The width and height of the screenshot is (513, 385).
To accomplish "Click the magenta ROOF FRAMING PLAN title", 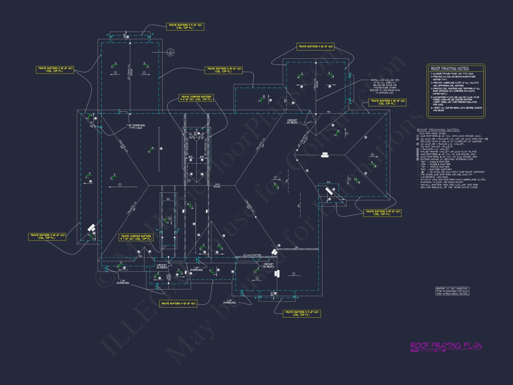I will click(446, 345).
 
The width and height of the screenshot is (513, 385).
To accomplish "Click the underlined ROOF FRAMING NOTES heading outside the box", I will click(438, 130).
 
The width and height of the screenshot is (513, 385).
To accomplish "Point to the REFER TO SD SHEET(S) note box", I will click(452, 291).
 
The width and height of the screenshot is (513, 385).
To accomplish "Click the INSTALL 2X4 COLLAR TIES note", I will click(385, 86).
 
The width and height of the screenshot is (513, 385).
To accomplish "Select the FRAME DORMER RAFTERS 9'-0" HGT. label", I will click(196, 98).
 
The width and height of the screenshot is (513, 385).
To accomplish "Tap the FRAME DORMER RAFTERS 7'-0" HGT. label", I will click(136, 237).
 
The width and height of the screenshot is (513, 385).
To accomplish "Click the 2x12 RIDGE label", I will click(217, 186).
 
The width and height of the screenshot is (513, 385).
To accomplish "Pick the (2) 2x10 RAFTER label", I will click(252, 255).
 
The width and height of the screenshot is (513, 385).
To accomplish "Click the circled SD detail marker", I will click(170, 52).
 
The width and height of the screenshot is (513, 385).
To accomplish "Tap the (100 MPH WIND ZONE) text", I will click(432, 133).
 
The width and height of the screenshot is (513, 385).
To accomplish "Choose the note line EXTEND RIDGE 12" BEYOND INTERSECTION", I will click(446, 159).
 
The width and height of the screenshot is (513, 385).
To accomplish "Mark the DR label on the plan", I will click(297, 248).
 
